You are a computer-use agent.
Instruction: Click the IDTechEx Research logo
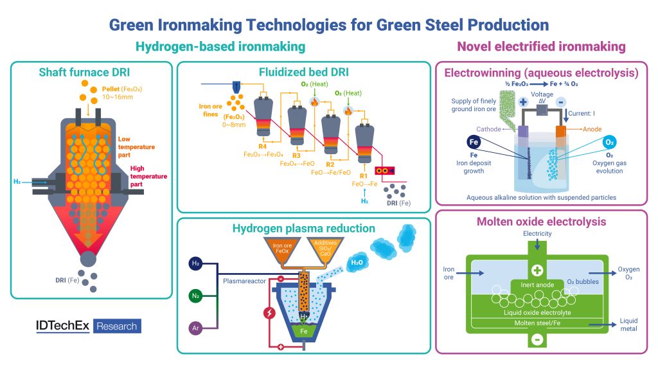[88, 326]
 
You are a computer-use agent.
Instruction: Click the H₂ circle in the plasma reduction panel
[195, 263]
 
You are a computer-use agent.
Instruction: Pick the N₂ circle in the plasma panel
[195, 295]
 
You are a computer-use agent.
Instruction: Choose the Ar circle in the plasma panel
[195, 328]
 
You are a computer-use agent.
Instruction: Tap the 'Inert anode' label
[537, 284]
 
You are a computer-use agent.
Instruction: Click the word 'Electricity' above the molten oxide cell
[537, 234]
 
